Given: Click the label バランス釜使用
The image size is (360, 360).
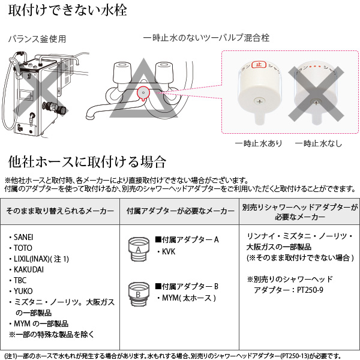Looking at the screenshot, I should (37, 40).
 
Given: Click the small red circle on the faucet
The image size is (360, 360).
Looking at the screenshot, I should (142, 93).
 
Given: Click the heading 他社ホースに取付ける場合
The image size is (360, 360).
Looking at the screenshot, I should (86, 162).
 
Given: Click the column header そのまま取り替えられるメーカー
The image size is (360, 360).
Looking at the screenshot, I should (59, 212).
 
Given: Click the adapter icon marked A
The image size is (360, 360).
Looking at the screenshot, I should (139, 247).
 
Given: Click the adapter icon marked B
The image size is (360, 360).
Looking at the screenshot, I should (139, 293).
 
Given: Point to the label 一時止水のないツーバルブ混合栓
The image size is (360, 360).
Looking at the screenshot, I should (206, 38).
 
